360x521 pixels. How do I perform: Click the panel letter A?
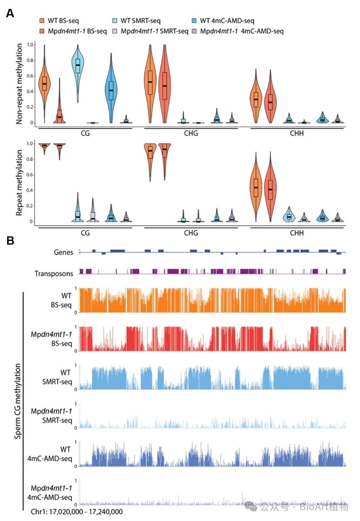point(10,13)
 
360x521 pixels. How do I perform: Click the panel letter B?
point(10,241)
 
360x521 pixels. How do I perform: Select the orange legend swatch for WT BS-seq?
point(42,21)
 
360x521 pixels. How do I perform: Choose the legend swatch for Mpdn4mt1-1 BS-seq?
point(42,31)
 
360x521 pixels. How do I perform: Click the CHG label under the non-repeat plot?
point(191,134)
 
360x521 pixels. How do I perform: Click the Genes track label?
point(64,252)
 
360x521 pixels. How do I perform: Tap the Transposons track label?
point(54,273)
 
